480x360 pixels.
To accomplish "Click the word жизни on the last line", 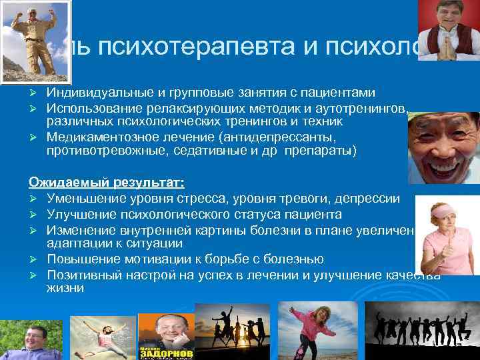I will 65,289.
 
